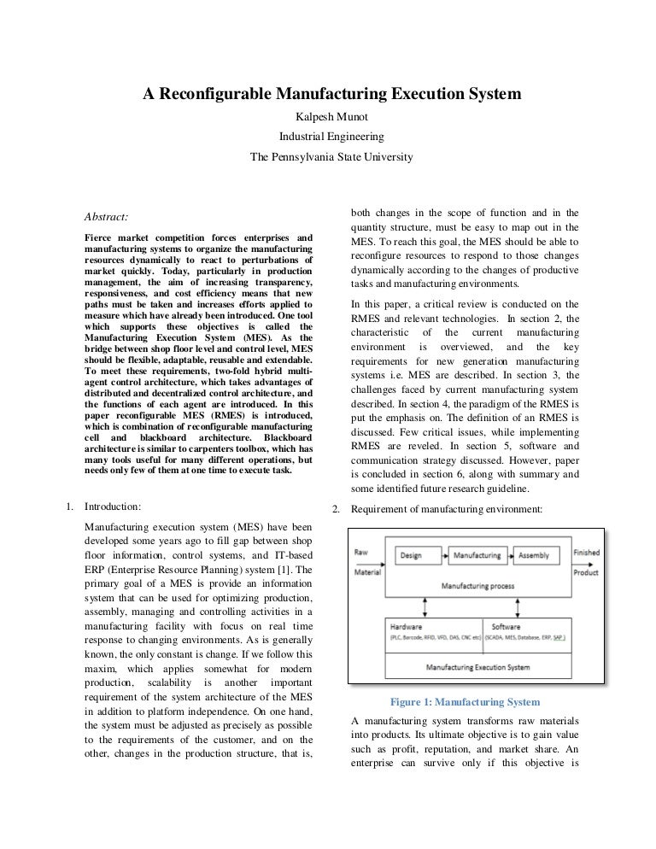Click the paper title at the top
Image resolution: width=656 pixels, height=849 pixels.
(x=331, y=97)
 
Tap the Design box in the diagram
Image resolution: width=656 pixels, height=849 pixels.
(x=411, y=555)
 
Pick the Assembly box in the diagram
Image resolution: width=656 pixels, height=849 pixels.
(x=534, y=555)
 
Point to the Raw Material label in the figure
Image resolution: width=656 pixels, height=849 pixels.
(x=368, y=562)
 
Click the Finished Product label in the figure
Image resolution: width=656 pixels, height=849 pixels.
(x=586, y=562)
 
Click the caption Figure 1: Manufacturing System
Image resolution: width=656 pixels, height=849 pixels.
(x=465, y=702)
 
